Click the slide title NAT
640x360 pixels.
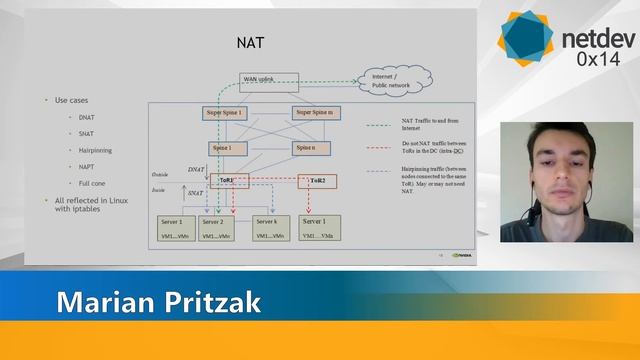(249, 43)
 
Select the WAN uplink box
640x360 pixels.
(258, 78)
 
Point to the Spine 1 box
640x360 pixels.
(221, 148)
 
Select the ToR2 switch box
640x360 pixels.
(317, 181)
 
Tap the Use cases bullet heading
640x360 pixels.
(73, 100)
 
